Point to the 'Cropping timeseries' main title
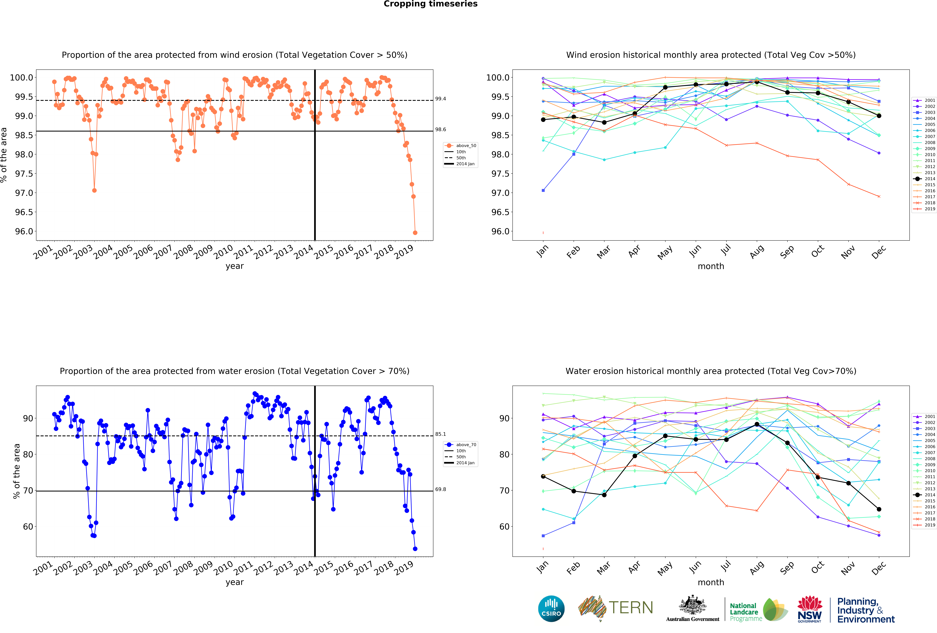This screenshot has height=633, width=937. point(430,4)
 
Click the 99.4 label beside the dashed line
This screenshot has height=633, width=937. point(440,99)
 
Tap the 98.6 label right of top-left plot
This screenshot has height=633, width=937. point(440,129)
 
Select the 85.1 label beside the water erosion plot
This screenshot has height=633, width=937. point(440,434)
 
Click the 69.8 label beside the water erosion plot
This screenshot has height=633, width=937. point(440,489)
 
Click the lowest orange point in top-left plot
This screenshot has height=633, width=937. point(415,233)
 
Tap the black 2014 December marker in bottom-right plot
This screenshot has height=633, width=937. point(879,509)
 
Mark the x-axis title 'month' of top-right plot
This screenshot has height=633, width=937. point(711,266)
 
